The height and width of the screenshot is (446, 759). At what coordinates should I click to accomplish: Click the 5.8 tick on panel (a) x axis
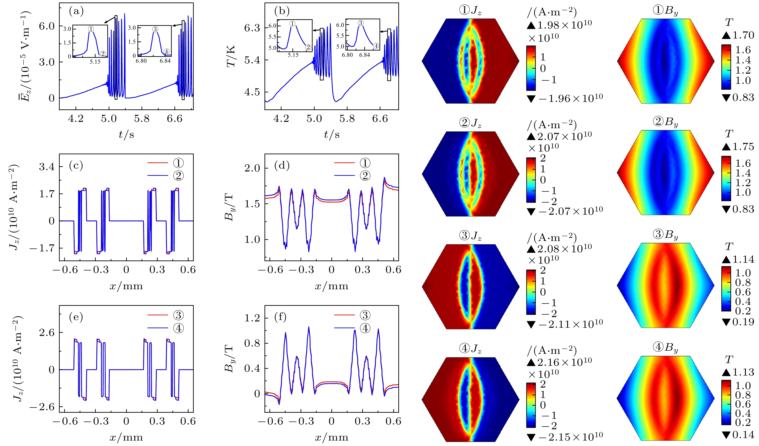142,118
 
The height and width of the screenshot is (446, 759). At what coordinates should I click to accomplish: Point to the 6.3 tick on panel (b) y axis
252,28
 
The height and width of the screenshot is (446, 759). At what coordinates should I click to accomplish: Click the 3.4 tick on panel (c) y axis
47,167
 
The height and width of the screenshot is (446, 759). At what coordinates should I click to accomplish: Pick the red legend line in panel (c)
157,163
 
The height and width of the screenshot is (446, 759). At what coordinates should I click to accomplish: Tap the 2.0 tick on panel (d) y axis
252,168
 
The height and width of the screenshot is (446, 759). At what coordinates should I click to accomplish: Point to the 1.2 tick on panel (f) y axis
252,318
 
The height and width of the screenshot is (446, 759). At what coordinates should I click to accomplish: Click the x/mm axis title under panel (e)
126,437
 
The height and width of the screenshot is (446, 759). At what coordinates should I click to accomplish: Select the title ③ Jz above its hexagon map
470,236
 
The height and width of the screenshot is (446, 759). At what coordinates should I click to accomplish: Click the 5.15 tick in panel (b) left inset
293,55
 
